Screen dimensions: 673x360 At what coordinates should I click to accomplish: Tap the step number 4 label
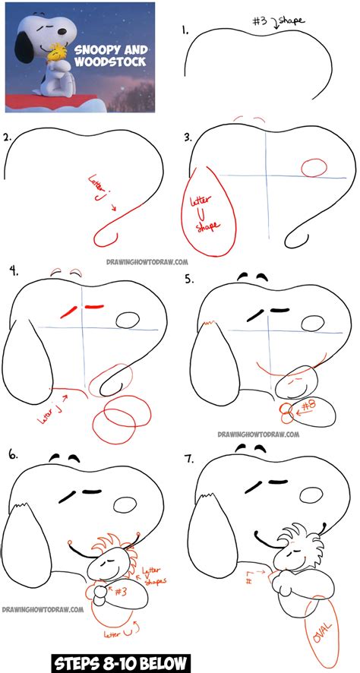12,270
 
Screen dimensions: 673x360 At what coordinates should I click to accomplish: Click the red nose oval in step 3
314,166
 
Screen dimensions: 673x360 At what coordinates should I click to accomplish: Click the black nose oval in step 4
129,322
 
